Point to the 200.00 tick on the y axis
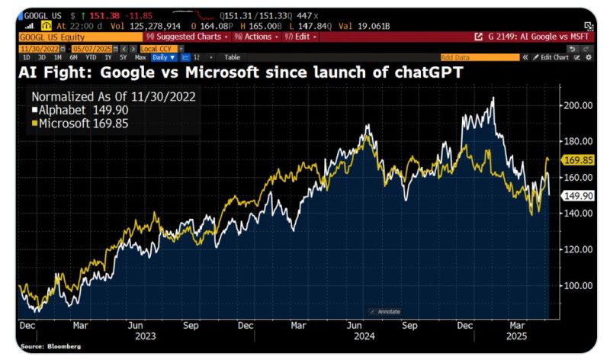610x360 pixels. pos(576,105)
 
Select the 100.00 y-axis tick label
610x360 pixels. pos(576,285)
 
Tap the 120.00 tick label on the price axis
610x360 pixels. pos(576,249)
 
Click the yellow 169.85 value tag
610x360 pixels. pos(577,160)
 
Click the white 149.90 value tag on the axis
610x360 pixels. pos(577,195)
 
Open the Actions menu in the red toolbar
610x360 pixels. pos(255,37)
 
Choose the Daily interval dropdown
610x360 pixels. pos(163,57)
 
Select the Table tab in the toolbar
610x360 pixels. pos(232,57)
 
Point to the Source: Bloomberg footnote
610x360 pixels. pos(43,346)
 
